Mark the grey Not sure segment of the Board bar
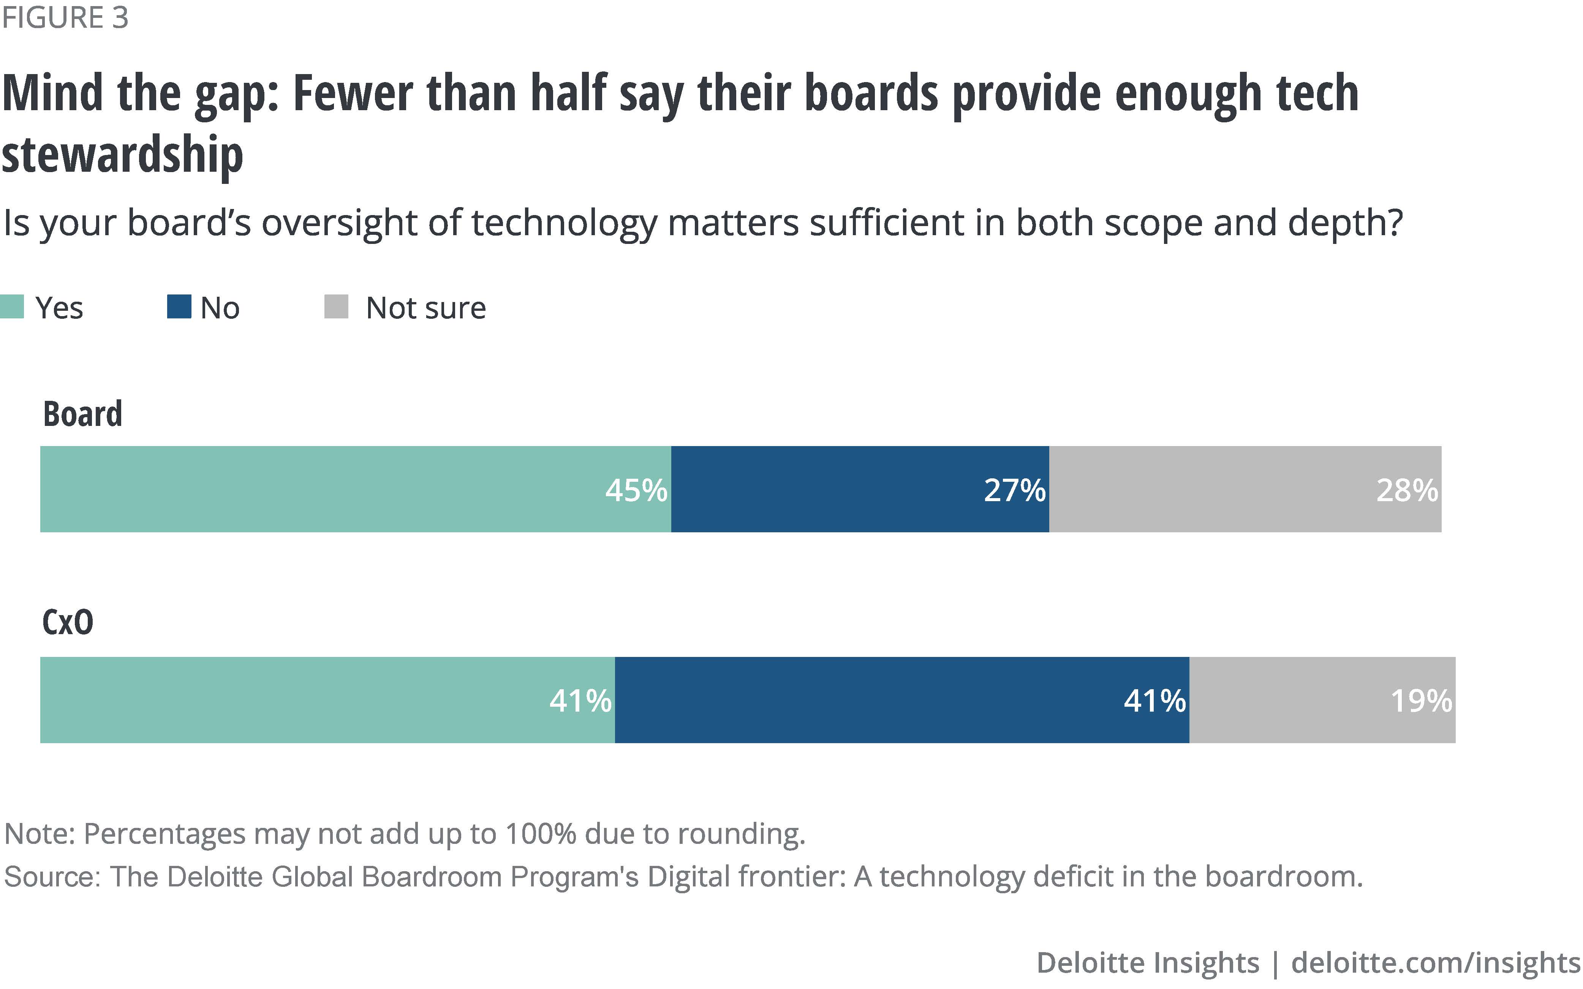tap(1210, 489)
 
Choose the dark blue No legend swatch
tap(179, 307)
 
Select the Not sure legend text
tap(425, 308)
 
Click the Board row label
tap(82, 414)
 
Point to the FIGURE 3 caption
tap(65, 17)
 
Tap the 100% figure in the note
tap(540, 834)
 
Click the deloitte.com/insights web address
tap(1435, 963)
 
